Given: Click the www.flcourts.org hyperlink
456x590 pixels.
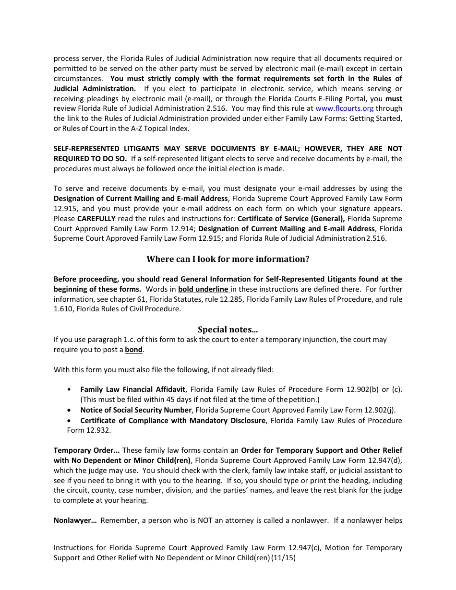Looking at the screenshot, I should pyautogui.click(x=344, y=108).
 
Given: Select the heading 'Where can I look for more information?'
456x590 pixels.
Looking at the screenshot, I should pyautogui.click(x=228, y=259).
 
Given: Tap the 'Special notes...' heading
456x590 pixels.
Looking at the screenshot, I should pyautogui.click(x=228, y=330).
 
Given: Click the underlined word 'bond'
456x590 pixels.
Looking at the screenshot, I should pyautogui.click(x=133, y=350).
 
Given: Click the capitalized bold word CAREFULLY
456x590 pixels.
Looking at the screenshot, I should pyautogui.click(x=96, y=219).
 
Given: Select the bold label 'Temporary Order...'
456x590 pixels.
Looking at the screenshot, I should pyautogui.click(x=87, y=450).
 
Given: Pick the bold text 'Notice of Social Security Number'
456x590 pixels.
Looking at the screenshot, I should pyautogui.click(x=136, y=410).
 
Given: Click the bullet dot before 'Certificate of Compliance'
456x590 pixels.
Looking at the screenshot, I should pyautogui.click(x=70, y=420).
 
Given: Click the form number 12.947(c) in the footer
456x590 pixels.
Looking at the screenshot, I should pyautogui.click(x=304, y=548).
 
